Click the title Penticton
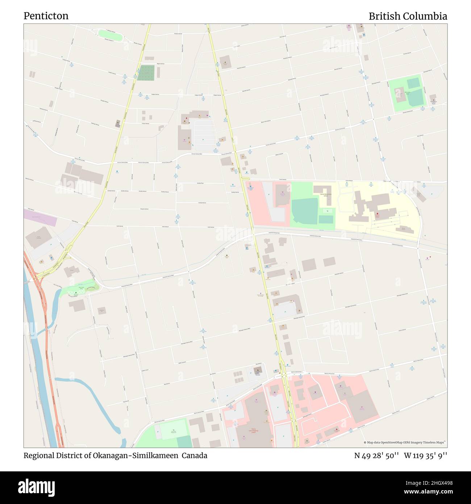point(46,16)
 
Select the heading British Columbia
point(408,16)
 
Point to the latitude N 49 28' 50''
point(376,455)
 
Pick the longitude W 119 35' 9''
point(425,455)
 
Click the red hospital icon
point(377,214)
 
